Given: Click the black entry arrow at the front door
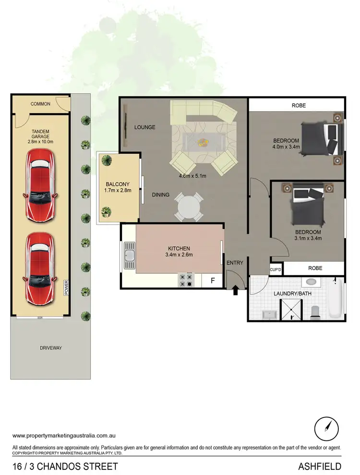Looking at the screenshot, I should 235,291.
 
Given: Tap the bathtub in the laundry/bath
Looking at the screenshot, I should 335,299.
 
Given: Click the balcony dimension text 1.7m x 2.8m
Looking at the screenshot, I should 118,191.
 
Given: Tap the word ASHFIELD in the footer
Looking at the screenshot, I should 320,466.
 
